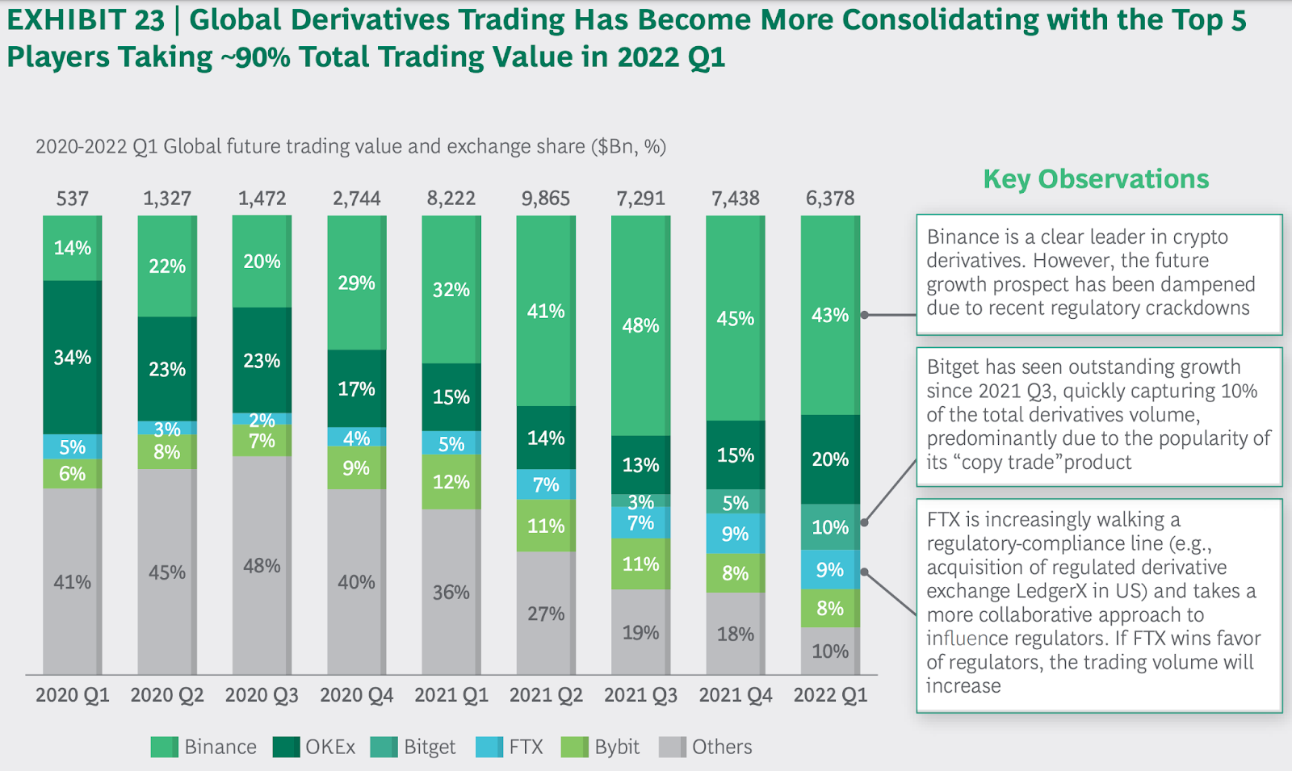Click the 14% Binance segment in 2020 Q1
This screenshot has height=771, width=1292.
[x=72, y=248]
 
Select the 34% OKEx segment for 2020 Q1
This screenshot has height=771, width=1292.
[x=72, y=357]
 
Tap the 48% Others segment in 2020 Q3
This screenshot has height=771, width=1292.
[x=262, y=565]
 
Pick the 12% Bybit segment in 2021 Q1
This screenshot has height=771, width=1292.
[x=451, y=482]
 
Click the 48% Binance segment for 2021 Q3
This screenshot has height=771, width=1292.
[x=640, y=325]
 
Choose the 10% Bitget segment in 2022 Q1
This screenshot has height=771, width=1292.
[x=830, y=527]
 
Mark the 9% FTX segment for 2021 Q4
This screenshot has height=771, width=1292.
[x=735, y=534]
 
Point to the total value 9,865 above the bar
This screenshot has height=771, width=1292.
[x=545, y=199]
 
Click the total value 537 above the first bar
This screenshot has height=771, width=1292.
[x=72, y=199]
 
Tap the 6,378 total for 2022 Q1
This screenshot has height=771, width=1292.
[x=830, y=199]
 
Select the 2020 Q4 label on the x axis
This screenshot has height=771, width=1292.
[x=356, y=695]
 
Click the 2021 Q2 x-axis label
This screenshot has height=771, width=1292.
[x=546, y=695]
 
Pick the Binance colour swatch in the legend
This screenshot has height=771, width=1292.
[x=164, y=747]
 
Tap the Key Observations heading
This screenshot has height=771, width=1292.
[x=1096, y=179]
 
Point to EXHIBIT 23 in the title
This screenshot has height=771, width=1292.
[x=86, y=20]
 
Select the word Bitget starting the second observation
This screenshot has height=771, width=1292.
[x=953, y=367]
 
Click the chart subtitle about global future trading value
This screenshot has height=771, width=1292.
[x=350, y=146]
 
